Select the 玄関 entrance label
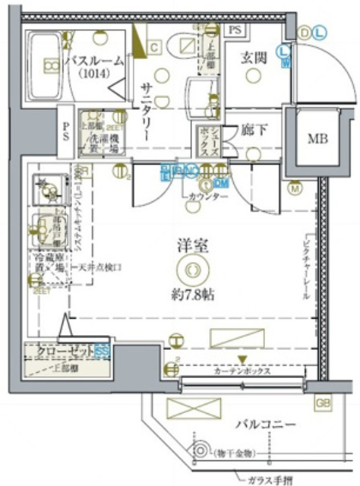tap(254, 58)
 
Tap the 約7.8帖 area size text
tap(189, 295)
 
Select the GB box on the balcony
tap(323, 403)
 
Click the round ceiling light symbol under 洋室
tap(189, 269)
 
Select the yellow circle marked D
tap(305, 32)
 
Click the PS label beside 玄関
tap(235, 29)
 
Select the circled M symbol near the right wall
tap(294, 188)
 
